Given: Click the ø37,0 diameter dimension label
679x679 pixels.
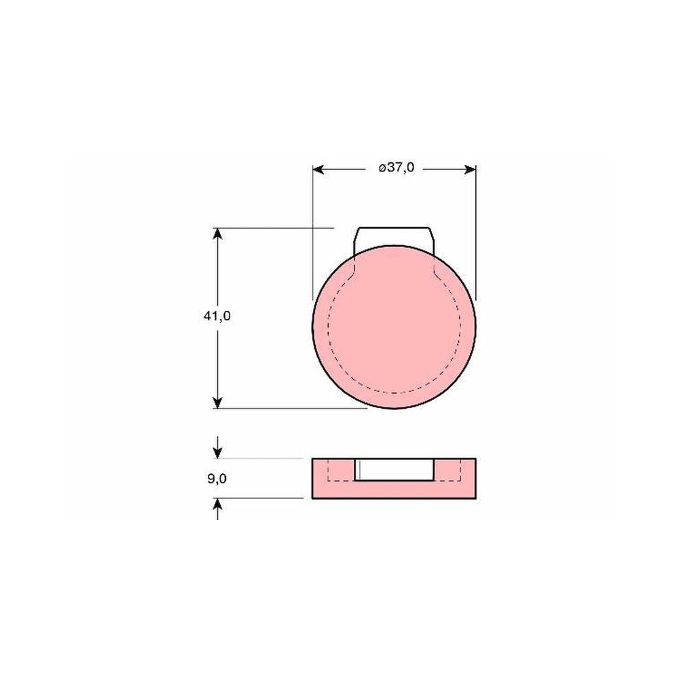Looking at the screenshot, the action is coord(397,167).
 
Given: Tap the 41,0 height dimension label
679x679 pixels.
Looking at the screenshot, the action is coord(217,316).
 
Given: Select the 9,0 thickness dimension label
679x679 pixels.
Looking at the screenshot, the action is coord(217,479).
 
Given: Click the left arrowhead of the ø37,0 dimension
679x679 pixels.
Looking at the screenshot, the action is coord(318,169).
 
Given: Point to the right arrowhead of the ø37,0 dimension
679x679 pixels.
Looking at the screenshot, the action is coord(470,169).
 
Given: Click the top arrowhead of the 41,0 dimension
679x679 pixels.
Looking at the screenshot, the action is coord(218,234).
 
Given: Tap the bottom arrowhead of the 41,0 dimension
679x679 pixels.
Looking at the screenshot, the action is coord(218,402).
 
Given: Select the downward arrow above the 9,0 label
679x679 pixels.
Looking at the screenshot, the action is coord(218,447).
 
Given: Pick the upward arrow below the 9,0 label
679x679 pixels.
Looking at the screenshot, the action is coord(218,509).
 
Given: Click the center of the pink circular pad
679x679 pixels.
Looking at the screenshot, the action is coord(394,327).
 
